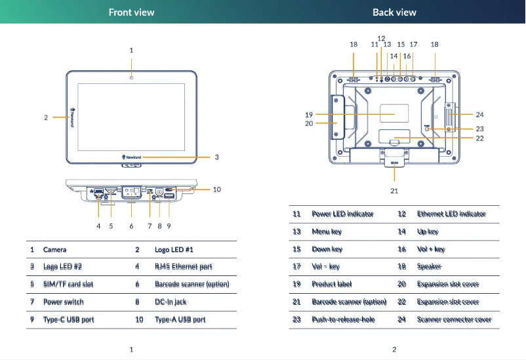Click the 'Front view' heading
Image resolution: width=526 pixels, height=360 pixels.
click(131, 12)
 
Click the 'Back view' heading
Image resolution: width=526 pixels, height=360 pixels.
click(394, 12)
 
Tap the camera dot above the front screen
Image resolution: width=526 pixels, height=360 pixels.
click(131, 78)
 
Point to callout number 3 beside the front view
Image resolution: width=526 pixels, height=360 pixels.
click(216, 157)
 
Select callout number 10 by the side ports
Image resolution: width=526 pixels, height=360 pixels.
click(216, 190)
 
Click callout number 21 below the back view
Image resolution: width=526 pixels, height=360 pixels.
click(394, 191)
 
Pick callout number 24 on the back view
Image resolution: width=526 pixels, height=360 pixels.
click(479, 115)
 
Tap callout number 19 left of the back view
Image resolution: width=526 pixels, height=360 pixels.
click(309, 115)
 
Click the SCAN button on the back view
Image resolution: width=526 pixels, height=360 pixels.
click(394, 163)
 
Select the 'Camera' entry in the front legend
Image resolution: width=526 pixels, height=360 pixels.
click(54, 250)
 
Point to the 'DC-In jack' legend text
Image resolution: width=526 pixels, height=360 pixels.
click(171, 302)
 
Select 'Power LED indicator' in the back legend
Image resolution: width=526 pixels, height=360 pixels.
click(342, 214)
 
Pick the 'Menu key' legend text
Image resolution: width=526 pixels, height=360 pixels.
click(327, 232)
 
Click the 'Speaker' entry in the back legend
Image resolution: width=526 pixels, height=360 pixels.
click(429, 267)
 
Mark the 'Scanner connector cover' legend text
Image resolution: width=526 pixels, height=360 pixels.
click(454, 320)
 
